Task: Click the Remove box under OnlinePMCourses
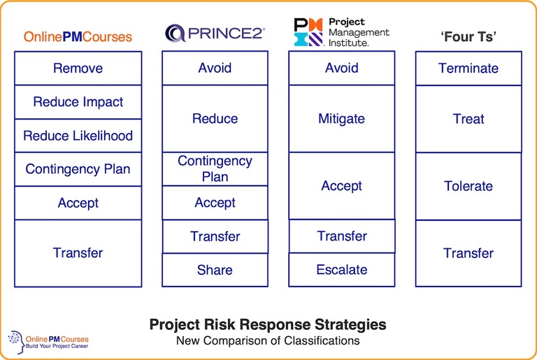[x=78, y=69]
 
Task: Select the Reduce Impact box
[x=78, y=102]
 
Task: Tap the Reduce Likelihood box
[x=78, y=136]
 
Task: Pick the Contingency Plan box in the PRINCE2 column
[x=215, y=169]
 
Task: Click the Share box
[x=215, y=270]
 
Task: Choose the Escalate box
[x=341, y=270]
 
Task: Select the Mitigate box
[x=341, y=119]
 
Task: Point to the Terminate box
[x=468, y=69]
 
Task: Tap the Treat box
[x=468, y=119]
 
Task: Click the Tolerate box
[x=468, y=186]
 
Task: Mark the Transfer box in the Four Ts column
[x=468, y=253]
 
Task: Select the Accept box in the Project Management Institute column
[x=341, y=186]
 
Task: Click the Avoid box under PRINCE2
[x=215, y=69]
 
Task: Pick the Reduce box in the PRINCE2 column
[x=215, y=119]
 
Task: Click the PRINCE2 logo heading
[x=215, y=33]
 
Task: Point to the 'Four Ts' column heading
[x=468, y=37]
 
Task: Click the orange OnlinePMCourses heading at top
[x=78, y=37]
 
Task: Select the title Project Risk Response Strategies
[x=268, y=325]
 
